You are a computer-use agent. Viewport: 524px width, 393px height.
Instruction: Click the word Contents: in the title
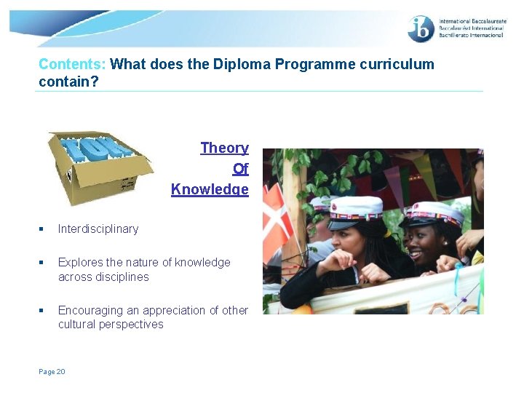tap(72, 64)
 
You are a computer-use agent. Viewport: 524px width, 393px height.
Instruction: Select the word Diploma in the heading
tap(241, 64)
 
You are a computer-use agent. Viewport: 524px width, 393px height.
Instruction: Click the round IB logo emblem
tap(421, 29)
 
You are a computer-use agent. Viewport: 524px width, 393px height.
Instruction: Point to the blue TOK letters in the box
tap(95, 148)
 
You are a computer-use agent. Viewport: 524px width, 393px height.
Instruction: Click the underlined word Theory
tap(224, 148)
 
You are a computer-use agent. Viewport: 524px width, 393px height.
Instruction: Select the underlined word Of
tap(240, 169)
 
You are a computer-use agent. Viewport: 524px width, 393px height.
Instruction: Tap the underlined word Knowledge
tap(210, 189)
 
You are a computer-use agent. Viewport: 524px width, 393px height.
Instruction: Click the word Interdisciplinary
tap(98, 229)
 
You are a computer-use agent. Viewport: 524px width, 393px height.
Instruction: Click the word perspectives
tap(132, 325)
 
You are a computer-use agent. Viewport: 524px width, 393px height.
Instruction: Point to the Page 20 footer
tap(52, 372)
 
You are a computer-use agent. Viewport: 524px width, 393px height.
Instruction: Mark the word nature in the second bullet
tap(146, 262)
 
